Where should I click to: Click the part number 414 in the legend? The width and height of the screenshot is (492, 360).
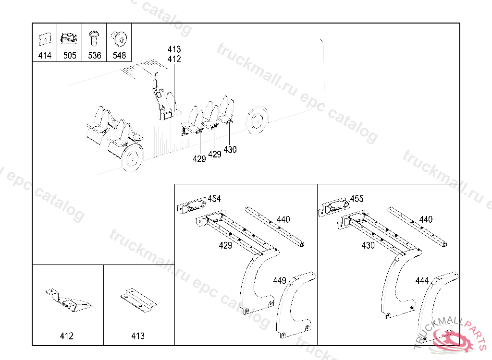pos(45,56)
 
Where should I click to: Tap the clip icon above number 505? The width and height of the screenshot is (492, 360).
pos(69,38)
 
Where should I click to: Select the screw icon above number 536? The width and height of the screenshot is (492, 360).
pos(94,38)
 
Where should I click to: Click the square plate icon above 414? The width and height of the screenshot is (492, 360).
pos(45,39)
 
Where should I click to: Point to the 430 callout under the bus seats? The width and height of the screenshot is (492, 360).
pos(230,150)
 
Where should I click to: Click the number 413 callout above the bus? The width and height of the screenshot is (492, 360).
pos(174,49)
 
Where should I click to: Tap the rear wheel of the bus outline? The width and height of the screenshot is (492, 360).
pos(258,120)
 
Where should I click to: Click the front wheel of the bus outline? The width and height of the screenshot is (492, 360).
pos(133,158)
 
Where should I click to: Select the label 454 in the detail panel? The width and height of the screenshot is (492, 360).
pos(214,199)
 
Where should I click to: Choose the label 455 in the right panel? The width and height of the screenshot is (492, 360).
pos(357,199)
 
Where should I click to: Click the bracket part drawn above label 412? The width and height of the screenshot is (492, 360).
pos(69,300)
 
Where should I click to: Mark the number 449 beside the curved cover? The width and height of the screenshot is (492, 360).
pos(280,280)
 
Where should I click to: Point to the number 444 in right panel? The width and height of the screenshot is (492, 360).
pos(422,280)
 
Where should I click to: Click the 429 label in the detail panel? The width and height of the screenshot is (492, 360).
pos(225,245)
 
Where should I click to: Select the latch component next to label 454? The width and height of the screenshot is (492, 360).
pos(191,206)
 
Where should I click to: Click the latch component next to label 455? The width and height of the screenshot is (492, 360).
pos(334,207)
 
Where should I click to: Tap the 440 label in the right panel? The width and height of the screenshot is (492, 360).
pos(426,219)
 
